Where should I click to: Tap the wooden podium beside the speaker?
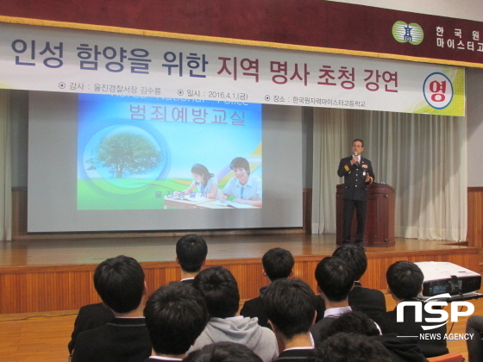click(x=379, y=211)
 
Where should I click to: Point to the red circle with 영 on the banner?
click(x=437, y=88)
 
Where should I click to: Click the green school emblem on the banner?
click(x=407, y=33)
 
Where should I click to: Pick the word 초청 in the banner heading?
click(x=323, y=77)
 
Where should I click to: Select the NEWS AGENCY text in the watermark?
click(x=446, y=336)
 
